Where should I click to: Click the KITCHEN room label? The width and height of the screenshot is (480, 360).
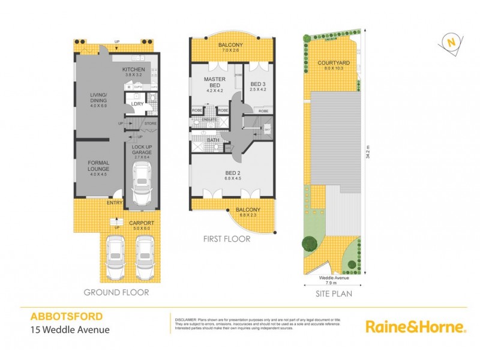click(x=134, y=70)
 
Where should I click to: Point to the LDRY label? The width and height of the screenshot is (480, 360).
click(x=137, y=104)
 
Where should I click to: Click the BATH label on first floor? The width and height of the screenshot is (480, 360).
click(x=212, y=140)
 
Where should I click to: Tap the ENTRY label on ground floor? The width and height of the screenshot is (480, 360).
click(x=115, y=203)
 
